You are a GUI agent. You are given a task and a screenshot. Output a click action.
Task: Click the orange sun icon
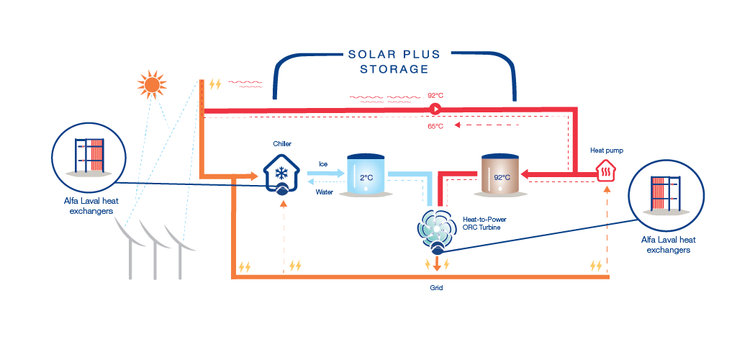[x=151, y=85]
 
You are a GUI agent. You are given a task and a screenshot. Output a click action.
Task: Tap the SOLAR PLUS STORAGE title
[x=394, y=62]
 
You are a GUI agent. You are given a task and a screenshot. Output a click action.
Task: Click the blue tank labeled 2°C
[x=366, y=174]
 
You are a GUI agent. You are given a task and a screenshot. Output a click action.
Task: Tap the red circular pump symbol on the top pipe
[x=435, y=109]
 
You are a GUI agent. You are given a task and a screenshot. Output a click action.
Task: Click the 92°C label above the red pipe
[x=436, y=95]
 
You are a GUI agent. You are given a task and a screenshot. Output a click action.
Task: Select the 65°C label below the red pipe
[x=435, y=127]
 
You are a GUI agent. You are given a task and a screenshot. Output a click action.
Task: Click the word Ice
[x=323, y=163]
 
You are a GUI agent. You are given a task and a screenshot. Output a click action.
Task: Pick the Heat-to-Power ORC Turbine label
[x=481, y=222]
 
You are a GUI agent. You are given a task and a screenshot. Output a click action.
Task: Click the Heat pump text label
[x=607, y=150]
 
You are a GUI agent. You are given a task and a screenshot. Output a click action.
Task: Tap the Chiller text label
[x=282, y=144]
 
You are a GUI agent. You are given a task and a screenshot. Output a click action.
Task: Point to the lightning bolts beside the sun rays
[x=214, y=85]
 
